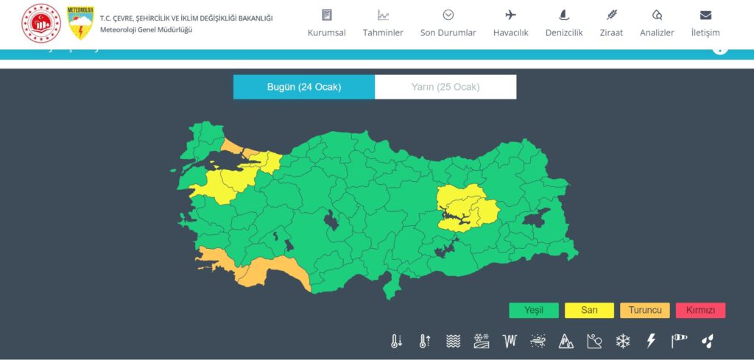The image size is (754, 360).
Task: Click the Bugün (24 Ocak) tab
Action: point(304,87)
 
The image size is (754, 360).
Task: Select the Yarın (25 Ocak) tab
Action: point(445,87)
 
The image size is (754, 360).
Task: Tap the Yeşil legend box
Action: point(534,310)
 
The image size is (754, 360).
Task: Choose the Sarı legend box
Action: point(589,310)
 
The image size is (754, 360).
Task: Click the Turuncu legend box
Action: point(645,310)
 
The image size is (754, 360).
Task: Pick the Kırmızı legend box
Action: point(700,310)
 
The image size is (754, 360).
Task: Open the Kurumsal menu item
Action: point(327,32)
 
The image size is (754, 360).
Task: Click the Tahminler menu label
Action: point(383,32)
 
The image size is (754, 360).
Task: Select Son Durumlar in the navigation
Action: point(448,32)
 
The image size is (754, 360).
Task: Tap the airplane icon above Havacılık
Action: point(511,15)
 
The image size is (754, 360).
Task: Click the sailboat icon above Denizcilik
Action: point(564,15)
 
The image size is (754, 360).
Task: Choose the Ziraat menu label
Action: point(611,32)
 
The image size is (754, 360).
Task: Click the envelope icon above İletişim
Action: point(705,15)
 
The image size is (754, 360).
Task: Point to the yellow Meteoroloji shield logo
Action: point(80,23)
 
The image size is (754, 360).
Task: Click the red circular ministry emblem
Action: point(41,23)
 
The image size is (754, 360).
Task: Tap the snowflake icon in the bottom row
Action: point(623,341)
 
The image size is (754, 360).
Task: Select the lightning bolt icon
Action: point(651,341)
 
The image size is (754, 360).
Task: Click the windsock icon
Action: point(679,341)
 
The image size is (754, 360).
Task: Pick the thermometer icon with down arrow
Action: point(396,341)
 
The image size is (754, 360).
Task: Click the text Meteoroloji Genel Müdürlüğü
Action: point(147,29)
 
